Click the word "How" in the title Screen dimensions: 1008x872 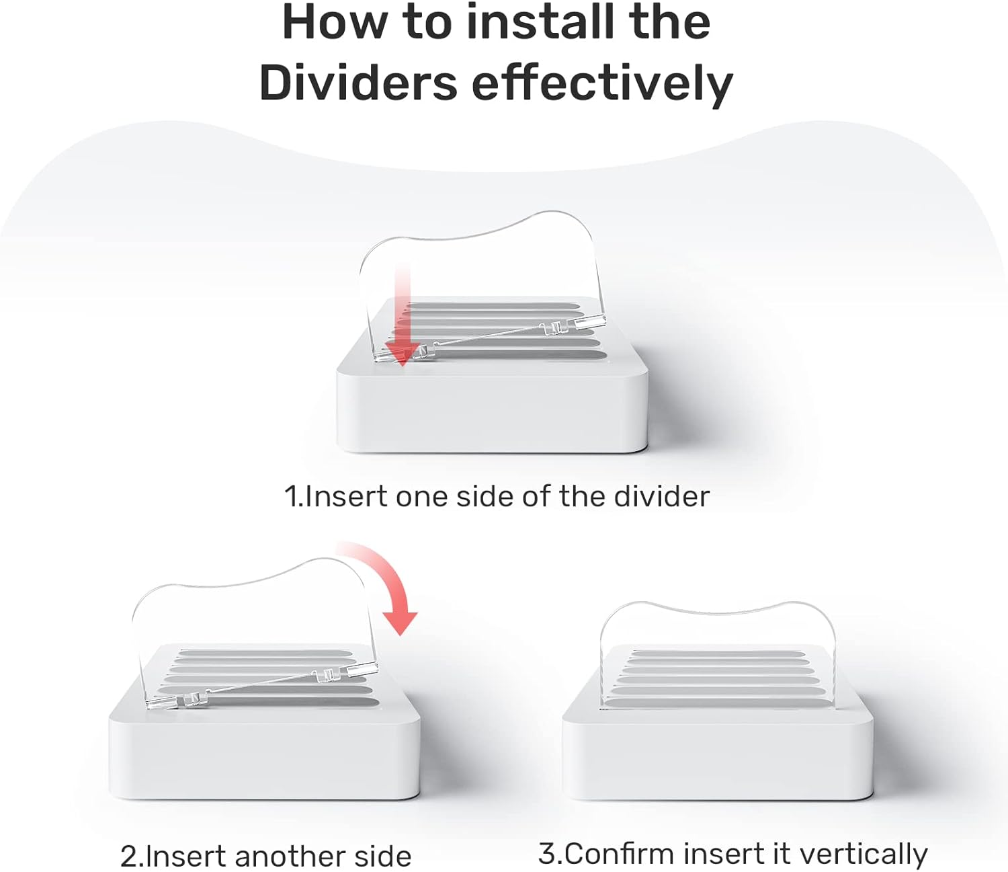pyautogui.click(x=339, y=24)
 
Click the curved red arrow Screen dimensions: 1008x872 pyautogui.click(x=385, y=581)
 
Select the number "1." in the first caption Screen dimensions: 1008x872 pyautogui.click(x=294, y=497)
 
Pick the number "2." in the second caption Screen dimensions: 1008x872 pyautogui.click(x=132, y=857)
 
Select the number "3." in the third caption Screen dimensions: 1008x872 pyautogui.click(x=551, y=854)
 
